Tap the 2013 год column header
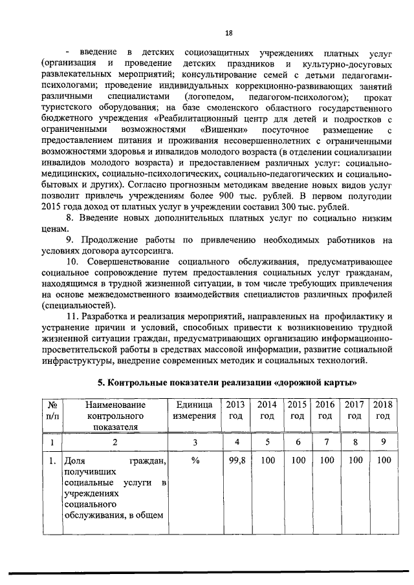(232, 410)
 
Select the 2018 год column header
(383, 410)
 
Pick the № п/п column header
(52, 410)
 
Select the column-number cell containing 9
(383, 442)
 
